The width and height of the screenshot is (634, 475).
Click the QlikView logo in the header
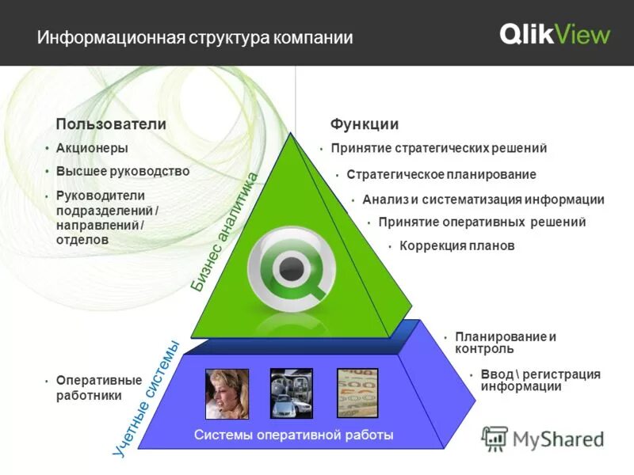pyautogui.click(x=555, y=34)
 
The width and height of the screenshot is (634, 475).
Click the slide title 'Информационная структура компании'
pyautogui.click(x=195, y=37)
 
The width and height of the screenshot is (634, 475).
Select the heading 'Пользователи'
pyautogui.click(x=110, y=124)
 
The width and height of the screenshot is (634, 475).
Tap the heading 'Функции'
pyautogui.click(x=364, y=124)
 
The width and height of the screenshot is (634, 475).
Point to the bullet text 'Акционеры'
pyautogui.click(x=92, y=148)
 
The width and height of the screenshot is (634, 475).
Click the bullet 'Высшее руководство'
pyautogui.click(x=123, y=171)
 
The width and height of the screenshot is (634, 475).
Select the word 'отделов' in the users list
pyautogui.click(x=82, y=239)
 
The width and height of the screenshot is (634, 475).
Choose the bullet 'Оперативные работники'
pyautogui.click(x=99, y=388)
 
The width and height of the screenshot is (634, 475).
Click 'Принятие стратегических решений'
pyautogui.click(x=439, y=148)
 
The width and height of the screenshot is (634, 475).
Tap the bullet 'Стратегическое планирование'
pyautogui.click(x=441, y=174)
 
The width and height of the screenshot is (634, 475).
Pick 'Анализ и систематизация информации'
pyautogui.click(x=483, y=199)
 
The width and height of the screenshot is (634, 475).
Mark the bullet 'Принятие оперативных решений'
pyautogui.click(x=482, y=222)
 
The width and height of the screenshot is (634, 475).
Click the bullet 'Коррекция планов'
pyautogui.click(x=457, y=246)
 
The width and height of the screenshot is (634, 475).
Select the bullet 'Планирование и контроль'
pyautogui.click(x=505, y=343)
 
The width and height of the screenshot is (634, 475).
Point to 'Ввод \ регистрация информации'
pyautogui.click(x=540, y=380)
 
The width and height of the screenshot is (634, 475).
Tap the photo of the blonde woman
pyautogui.click(x=227, y=393)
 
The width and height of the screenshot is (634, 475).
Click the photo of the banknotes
pyautogui.click(x=357, y=393)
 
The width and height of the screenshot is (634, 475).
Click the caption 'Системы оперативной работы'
pyautogui.click(x=293, y=435)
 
